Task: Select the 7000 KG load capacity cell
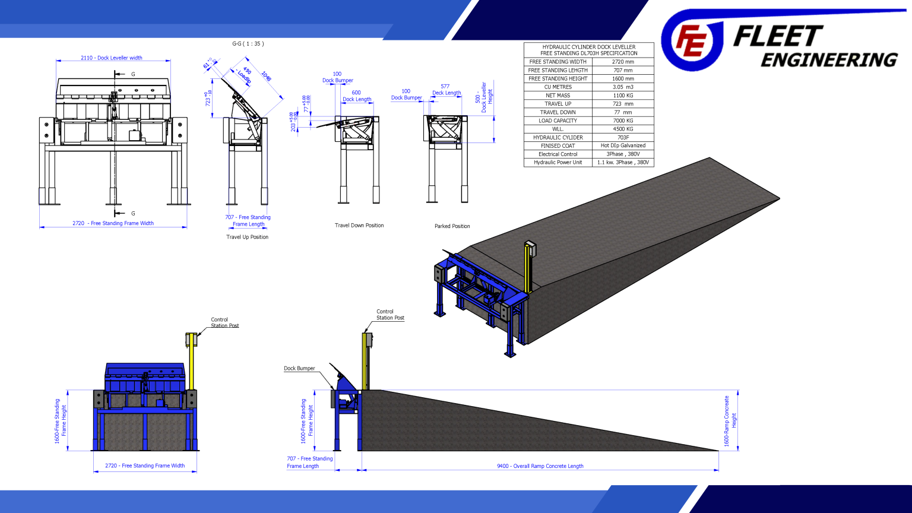coord(623,121)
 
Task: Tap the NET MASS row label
coord(558,95)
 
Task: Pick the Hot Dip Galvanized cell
coord(623,145)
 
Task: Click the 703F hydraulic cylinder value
coord(623,137)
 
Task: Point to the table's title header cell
coord(588,50)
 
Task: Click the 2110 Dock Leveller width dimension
coord(112,58)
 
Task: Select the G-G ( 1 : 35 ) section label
coord(248,43)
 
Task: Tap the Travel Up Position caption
coord(247,237)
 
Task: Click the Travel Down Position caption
coord(359,226)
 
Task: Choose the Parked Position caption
coord(452,226)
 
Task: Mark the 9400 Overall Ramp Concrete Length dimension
coord(540,466)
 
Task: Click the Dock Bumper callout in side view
coord(299,368)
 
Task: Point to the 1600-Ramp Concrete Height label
coord(729,420)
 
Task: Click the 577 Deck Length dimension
coord(446,90)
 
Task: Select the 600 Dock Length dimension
coord(357,96)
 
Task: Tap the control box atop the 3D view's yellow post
coord(530,249)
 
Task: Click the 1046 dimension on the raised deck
coord(266,77)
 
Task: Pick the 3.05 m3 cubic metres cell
coord(623,87)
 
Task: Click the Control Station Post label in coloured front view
coord(224,322)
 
